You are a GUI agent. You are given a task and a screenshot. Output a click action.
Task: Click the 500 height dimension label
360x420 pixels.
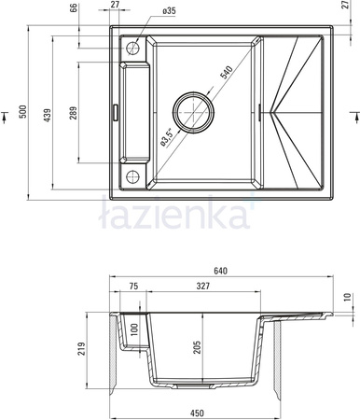pos(23,112)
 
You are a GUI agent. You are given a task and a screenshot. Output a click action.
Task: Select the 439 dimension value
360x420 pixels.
pos(47,115)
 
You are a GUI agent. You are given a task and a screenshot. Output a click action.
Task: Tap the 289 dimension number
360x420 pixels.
pos(73,113)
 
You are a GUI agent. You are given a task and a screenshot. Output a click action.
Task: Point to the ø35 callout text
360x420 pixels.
pos(169,11)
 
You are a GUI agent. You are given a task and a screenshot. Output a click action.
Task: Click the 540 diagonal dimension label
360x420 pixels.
pos(226,73)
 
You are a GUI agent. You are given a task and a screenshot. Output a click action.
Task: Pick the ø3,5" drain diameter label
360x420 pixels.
pos(166,137)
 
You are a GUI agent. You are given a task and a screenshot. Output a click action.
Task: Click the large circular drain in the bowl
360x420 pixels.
pos(193,112)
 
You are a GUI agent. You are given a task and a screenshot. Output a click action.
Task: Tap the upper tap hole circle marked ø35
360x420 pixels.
pos(132,49)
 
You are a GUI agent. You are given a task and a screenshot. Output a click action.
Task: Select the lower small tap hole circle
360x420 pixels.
pos(132,176)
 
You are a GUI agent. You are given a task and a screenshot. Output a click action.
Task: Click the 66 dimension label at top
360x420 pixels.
pos(73,8)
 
